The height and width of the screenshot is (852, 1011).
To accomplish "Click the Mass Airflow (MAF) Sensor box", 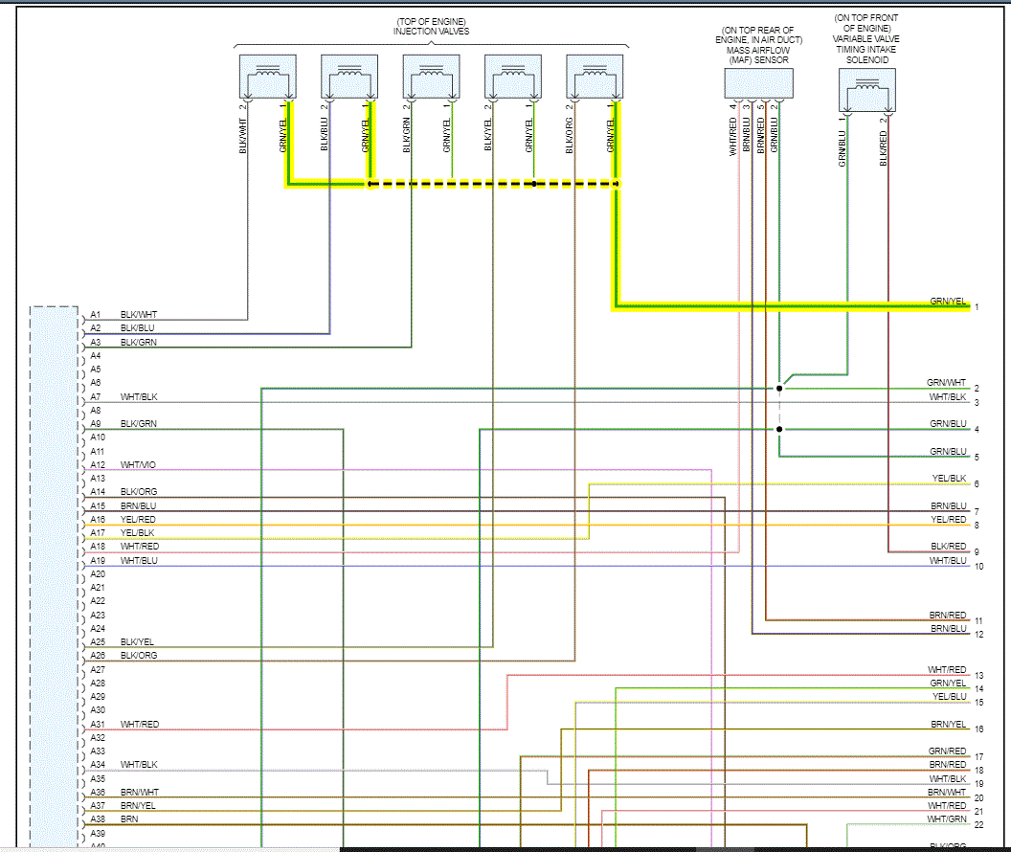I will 758,83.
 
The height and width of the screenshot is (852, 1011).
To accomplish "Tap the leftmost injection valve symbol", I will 267,77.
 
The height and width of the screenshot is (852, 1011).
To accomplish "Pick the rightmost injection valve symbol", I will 595,77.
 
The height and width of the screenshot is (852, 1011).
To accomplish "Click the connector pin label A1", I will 95,315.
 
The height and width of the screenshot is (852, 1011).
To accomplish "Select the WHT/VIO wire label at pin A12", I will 138,465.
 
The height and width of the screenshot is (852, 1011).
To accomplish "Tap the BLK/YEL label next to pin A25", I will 138,642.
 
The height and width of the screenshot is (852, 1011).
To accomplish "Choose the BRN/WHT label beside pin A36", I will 139,793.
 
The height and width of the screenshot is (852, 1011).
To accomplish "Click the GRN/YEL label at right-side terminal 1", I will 948,302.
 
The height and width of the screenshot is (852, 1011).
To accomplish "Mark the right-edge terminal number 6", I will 977,484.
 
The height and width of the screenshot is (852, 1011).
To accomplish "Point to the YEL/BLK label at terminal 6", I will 949,478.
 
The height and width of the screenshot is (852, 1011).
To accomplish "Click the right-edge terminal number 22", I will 978,824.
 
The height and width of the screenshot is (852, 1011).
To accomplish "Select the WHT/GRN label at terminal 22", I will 946,819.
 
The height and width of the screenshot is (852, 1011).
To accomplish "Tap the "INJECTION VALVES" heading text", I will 431,32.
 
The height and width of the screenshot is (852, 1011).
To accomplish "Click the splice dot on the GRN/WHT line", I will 779,389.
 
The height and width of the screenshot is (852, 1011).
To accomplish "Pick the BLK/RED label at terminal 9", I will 949,547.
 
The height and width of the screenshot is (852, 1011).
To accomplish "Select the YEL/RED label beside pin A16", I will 138,520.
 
